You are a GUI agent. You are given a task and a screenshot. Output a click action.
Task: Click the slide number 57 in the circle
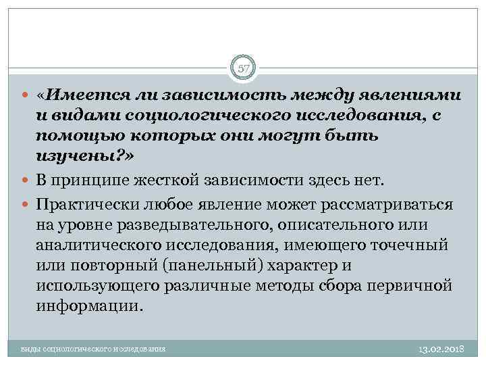coord(243,68)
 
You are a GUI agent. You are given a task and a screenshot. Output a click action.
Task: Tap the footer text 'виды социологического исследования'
coord(92,350)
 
